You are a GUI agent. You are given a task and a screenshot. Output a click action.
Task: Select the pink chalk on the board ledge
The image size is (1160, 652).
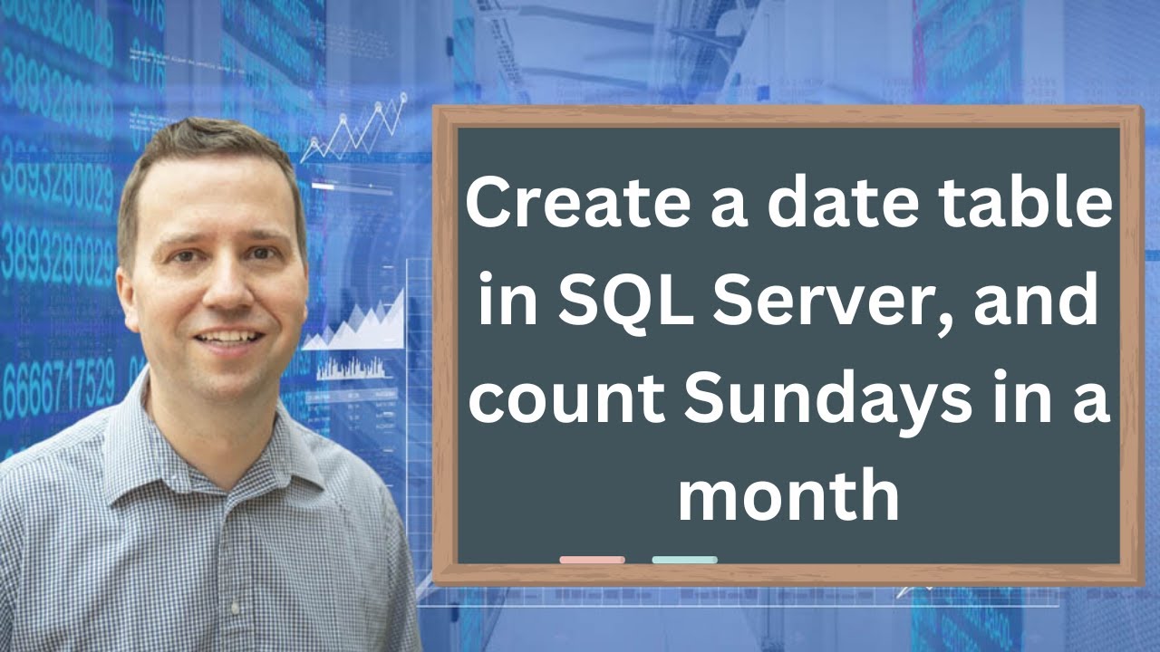(x=592, y=560)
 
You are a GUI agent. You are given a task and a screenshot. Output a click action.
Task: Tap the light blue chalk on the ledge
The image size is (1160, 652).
(x=684, y=560)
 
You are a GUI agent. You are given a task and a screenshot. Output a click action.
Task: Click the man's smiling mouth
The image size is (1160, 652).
(x=228, y=338)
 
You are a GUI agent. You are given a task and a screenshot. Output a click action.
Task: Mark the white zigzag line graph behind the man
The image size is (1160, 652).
(x=353, y=131)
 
